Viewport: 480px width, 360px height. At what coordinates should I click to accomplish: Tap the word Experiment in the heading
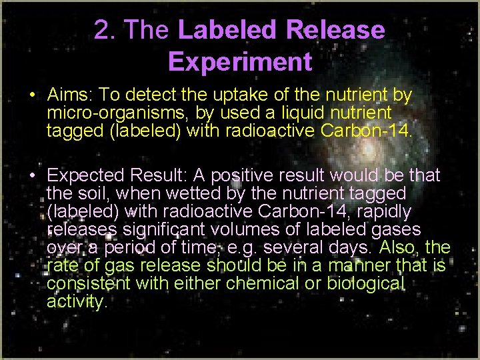(240, 61)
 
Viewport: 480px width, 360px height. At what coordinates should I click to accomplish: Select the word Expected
(86, 175)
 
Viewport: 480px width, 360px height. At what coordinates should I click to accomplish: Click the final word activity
(76, 301)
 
